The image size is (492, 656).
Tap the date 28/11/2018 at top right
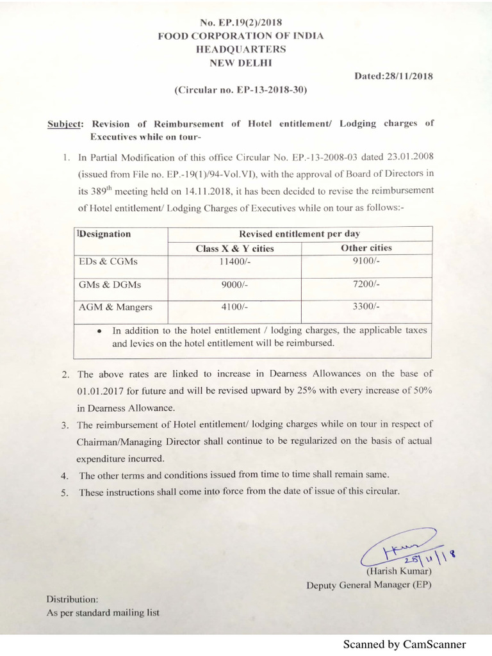coord(393,76)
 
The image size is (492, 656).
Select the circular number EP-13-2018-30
coord(241,90)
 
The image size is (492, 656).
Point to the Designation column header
coord(104,234)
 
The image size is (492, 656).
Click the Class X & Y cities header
coord(234,249)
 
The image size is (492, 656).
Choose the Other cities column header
coord(366,248)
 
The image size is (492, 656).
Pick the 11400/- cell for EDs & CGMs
coord(234,261)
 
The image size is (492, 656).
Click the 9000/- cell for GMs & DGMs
coord(234,284)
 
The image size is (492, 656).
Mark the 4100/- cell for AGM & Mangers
coord(234,307)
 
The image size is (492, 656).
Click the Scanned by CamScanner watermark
coord(404,644)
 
